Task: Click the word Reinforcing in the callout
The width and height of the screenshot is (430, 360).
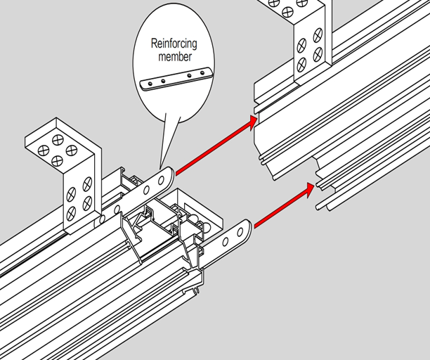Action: click(174, 44)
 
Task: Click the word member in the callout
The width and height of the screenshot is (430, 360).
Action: click(173, 56)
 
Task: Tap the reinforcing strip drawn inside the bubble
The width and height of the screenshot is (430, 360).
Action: click(176, 79)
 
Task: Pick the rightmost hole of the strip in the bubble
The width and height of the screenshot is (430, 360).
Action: click(206, 72)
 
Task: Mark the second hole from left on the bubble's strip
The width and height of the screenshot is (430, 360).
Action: click(162, 82)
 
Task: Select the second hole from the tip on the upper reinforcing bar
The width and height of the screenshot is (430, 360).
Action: click(147, 189)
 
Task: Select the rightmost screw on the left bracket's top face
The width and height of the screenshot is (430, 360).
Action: click(71, 150)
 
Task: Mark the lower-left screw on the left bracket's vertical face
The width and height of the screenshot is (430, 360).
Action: click(71, 212)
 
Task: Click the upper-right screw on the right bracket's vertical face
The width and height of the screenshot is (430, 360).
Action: click(318, 34)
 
